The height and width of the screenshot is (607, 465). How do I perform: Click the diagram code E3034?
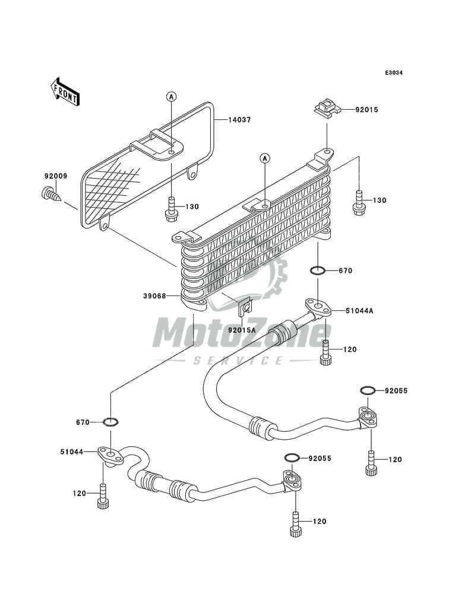(394, 72)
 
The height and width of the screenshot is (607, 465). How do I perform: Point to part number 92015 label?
(367, 110)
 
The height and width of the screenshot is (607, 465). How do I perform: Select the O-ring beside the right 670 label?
(318, 271)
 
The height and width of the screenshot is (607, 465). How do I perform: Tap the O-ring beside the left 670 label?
(111, 422)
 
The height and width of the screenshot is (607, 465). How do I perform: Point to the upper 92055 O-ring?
(368, 390)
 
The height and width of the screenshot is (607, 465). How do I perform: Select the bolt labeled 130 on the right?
(359, 202)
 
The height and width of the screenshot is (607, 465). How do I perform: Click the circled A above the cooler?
(265, 158)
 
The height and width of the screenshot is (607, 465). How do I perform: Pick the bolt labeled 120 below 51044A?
(325, 353)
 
